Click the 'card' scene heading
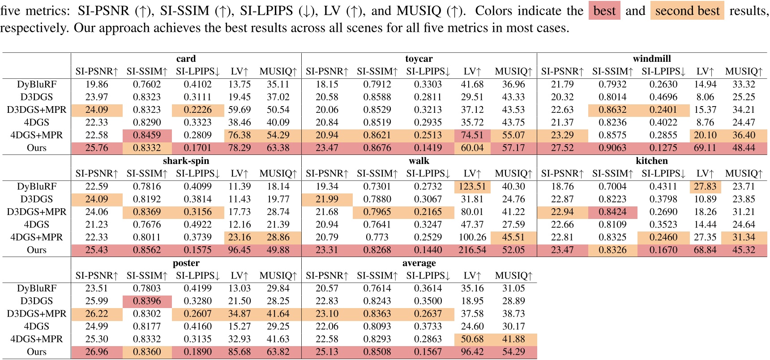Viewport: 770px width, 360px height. click(x=186, y=59)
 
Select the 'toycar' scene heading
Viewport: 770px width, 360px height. click(x=419, y=59)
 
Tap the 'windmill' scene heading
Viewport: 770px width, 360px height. click(x=651, y=59)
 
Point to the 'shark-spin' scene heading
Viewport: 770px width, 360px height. click(x=186, y=161)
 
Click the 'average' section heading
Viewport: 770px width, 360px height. click(x=419, y=263)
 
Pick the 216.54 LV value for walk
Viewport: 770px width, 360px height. click(x=472, y=250)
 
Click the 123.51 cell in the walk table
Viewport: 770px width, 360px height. click(x=472, y=186)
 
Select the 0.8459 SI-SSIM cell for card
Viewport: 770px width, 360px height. click(x=147, y=135)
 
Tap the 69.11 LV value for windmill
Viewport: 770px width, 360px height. click(x=705, y=148)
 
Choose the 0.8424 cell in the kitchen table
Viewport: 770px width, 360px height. click(x=612, y=212)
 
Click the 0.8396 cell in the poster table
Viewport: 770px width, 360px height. click(x=147, y=301)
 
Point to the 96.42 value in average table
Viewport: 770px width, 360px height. click(x=472, y=352)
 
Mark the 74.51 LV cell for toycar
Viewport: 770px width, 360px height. click(x=472, y=135)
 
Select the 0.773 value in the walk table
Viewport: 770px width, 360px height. click(x=377, y=237)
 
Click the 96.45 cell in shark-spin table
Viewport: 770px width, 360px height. click(x=239, y=250)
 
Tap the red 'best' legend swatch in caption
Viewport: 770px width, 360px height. click(x=604, y=11)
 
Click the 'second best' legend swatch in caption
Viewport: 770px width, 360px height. click(x=687, y=11)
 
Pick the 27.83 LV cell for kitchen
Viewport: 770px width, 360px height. click(x=705, y=186)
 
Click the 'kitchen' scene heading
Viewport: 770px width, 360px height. click(x=651, y=161)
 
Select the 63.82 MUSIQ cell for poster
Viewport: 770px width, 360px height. click(x=278, y=352)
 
